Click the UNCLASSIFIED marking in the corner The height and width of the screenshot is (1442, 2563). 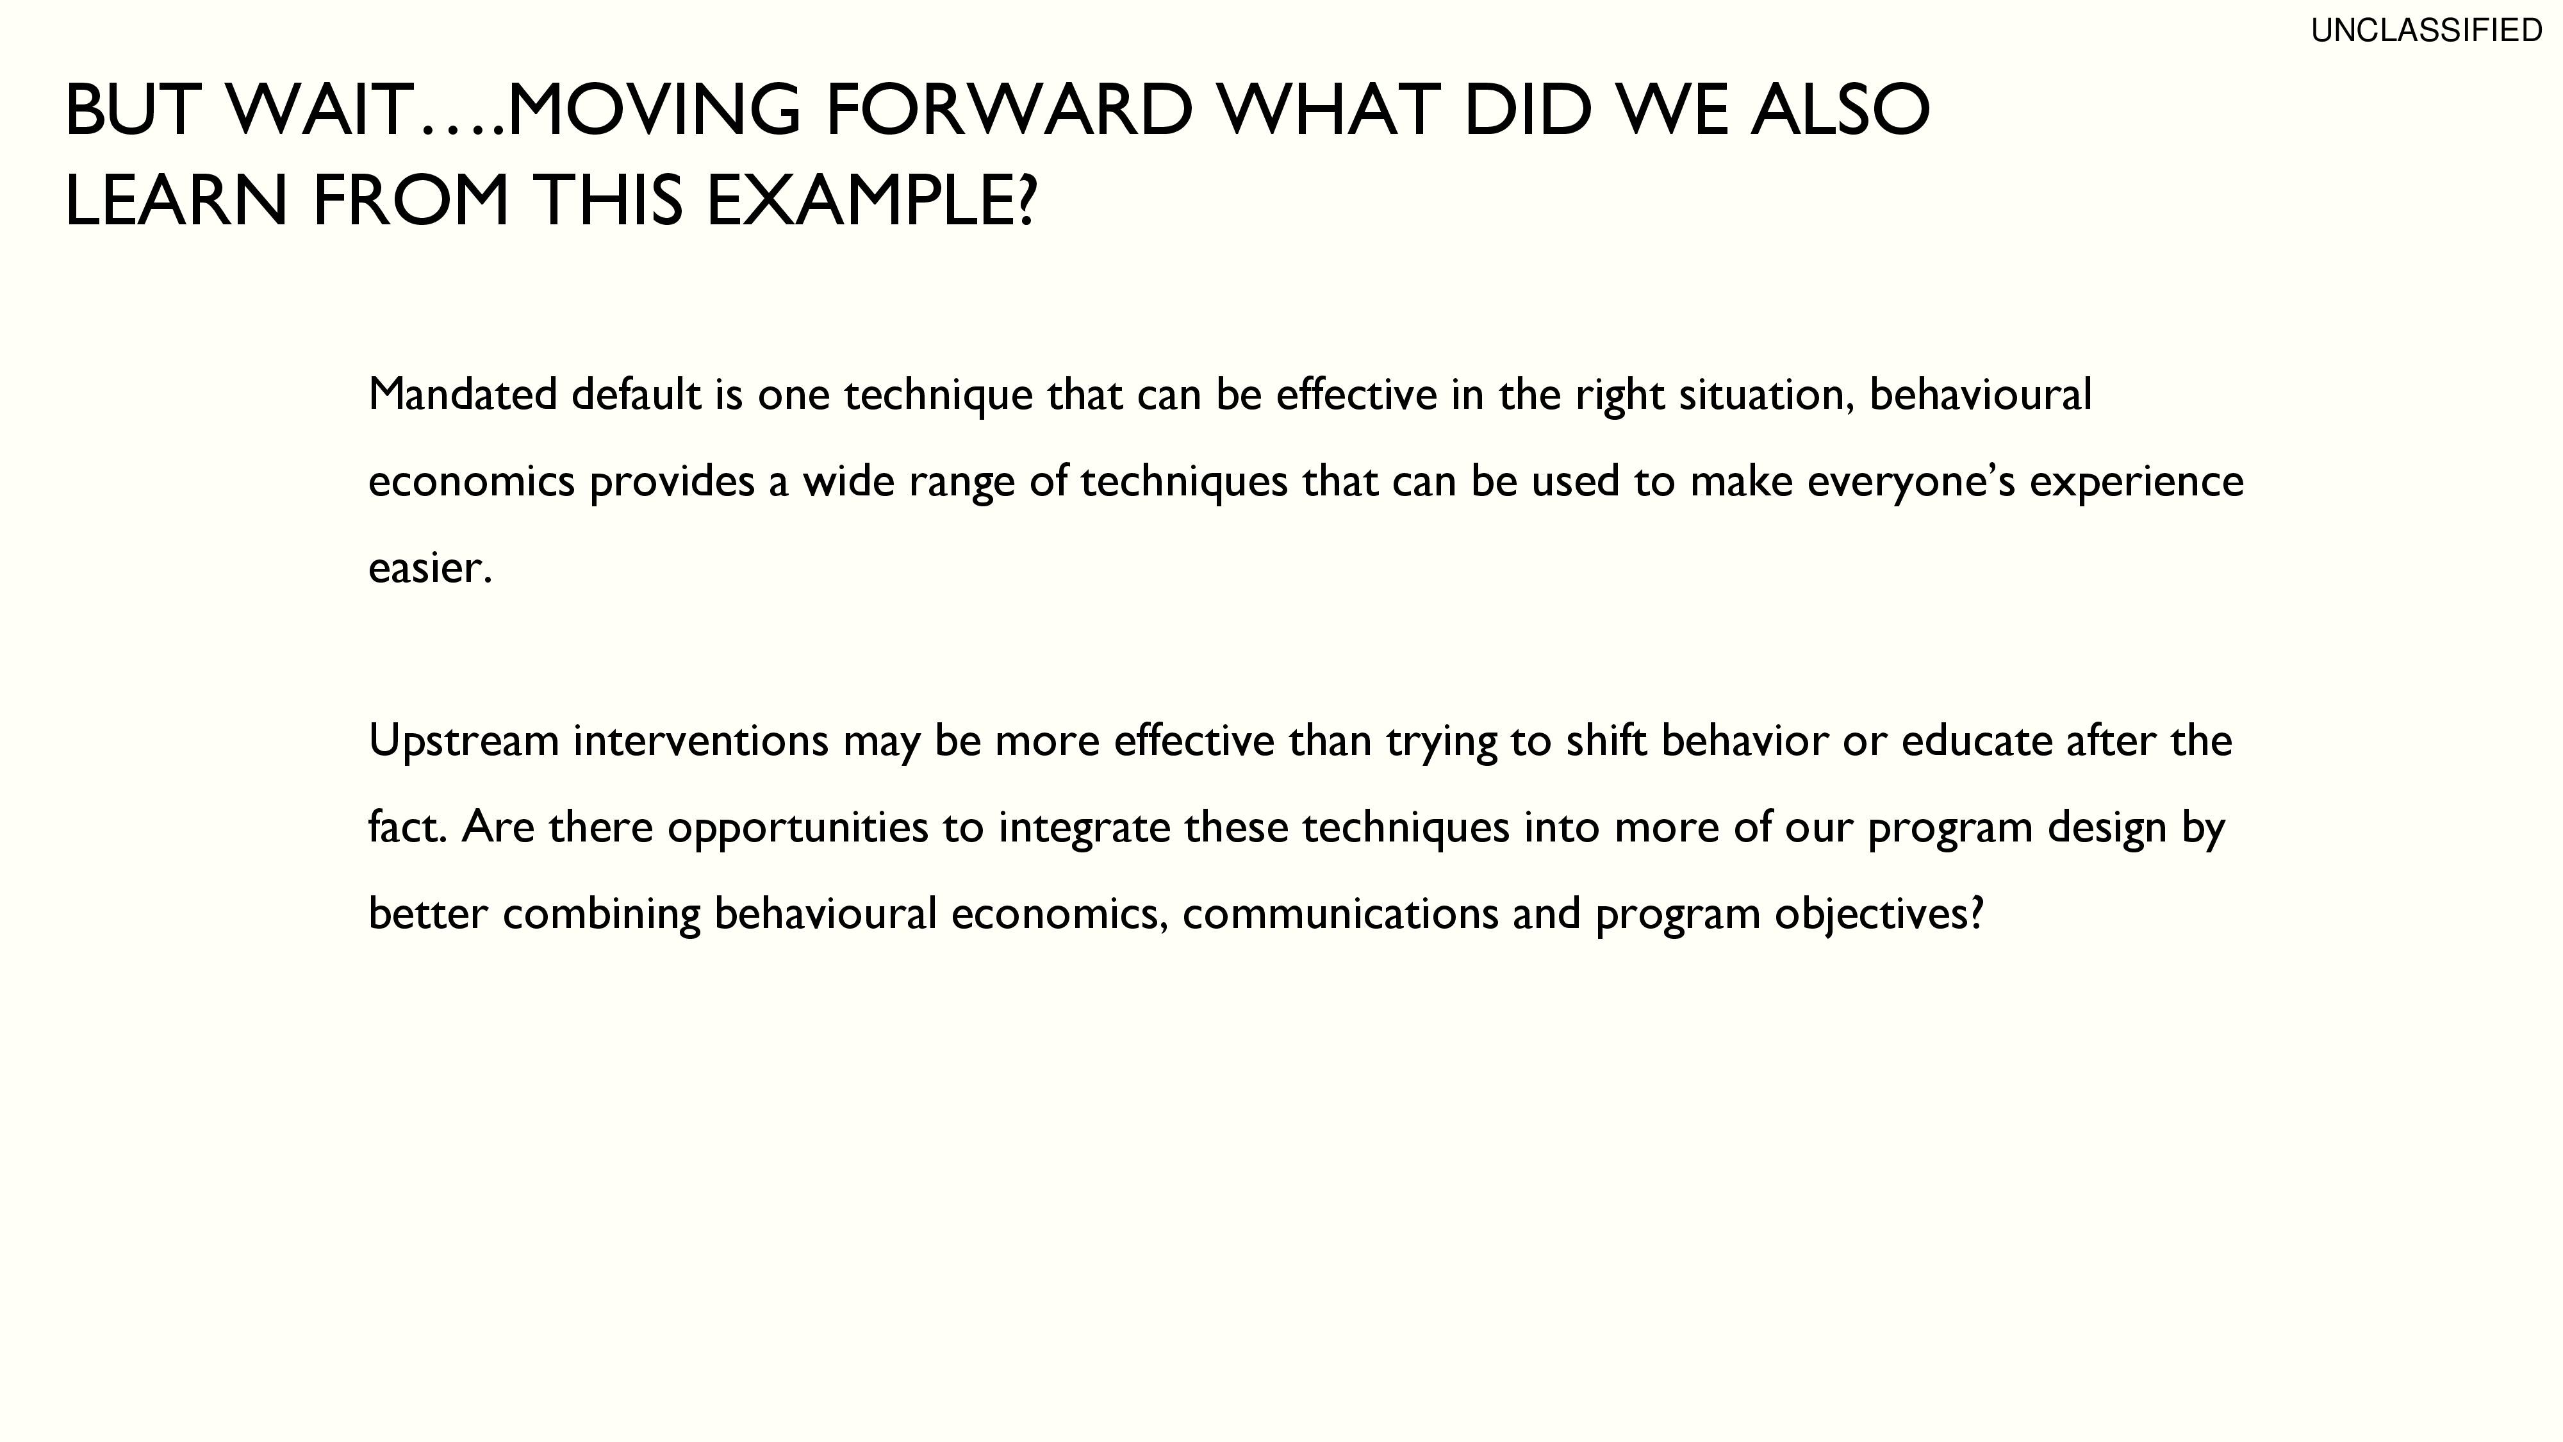coord(2426,31)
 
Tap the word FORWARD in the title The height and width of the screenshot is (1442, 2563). coord(1009,110)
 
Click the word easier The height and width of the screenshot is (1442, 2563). coord(431,569)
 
